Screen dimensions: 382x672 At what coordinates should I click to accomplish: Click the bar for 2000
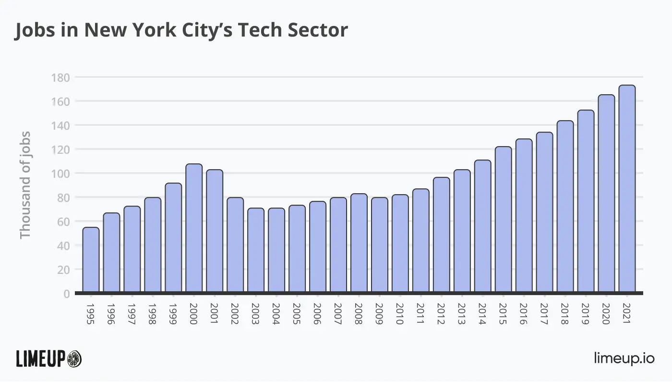click(194, 228)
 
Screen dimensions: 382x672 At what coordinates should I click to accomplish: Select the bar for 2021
click(627, 189)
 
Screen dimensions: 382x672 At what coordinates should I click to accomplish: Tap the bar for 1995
click(91, 260)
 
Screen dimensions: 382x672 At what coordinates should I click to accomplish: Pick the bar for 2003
click(256, 250)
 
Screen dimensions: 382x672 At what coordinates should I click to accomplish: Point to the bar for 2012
click(442, 235)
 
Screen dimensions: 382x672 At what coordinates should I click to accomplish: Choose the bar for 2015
click(503, 220)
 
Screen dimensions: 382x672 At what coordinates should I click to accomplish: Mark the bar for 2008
click(359, 243)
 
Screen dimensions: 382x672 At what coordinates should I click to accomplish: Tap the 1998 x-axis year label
click(153, 314)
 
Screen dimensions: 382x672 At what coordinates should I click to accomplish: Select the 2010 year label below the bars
click(400, 314)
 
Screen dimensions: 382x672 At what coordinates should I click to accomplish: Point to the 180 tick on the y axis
click(60, 77)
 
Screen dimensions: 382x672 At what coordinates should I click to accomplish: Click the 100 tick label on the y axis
click(60, 173)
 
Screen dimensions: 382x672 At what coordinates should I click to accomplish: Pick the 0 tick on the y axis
click(66, 294)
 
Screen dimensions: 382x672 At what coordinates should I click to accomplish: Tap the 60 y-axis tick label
click(62, 222)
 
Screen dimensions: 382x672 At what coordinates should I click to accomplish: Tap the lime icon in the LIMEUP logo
click(74, 358)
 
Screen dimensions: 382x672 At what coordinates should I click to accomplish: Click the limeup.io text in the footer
click(624, 358)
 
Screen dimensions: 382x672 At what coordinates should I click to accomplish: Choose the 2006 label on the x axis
click(318, 314)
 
